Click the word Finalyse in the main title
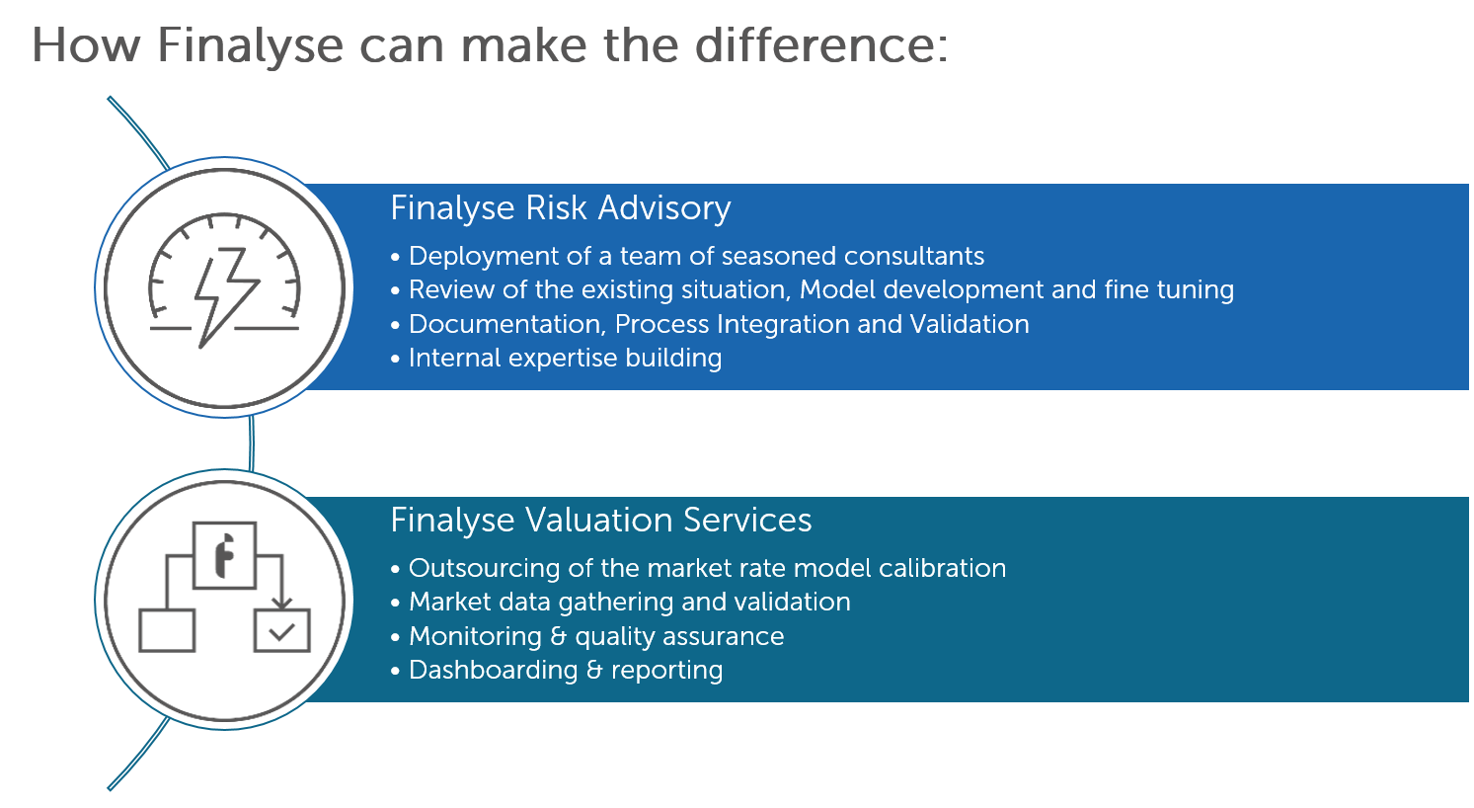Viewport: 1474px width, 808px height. (250, 46)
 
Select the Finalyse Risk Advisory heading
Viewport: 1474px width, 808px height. (561, 208)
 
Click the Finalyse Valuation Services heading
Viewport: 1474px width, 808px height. (601, 521)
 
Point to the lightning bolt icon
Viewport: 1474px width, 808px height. (226, 296)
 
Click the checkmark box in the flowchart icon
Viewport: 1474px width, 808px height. (282, 630)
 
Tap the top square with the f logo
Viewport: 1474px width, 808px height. (224, 555)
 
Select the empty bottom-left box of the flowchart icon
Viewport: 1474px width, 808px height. (167, 630)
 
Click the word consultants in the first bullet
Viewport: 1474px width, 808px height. (914, 256)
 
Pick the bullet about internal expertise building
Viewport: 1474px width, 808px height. (557, 359)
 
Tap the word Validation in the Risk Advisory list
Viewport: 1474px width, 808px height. (970, 324)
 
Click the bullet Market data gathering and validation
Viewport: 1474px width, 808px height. (621, 603)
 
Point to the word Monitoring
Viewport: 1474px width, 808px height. (475, 637)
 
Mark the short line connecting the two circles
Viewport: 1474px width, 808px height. (252, 444)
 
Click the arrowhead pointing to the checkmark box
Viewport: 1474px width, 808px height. (282, 603)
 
